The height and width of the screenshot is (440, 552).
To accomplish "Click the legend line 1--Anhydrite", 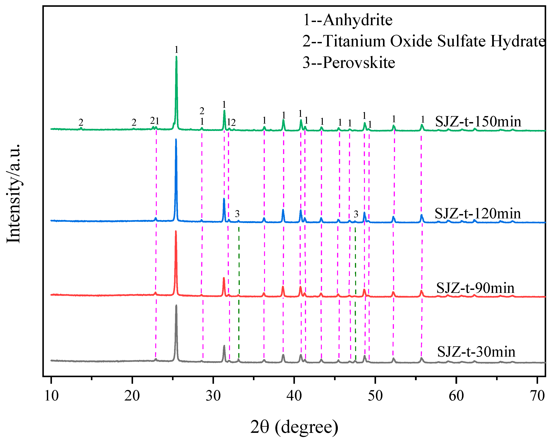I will click(347, 20).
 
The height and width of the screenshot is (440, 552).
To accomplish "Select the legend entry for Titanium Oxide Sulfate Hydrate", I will click(424, 41).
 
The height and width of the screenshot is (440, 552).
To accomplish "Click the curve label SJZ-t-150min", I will click(478, 121).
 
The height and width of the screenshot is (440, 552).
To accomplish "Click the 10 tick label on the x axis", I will click(51, 396).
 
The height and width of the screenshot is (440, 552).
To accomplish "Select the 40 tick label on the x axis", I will click(294, 396).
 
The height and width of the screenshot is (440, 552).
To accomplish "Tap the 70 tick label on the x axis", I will click(537, 396).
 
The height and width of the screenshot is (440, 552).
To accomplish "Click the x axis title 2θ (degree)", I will click(294, 427).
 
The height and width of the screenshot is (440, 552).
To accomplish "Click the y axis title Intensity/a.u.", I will click(13, 193).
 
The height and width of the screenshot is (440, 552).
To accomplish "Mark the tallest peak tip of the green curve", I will click(176, 57).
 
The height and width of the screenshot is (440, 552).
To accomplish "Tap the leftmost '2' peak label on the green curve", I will click(81, 122).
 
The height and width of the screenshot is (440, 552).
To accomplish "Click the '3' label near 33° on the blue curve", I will click(237, 214).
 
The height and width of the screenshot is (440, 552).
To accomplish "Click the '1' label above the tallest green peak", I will click(176, 49).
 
